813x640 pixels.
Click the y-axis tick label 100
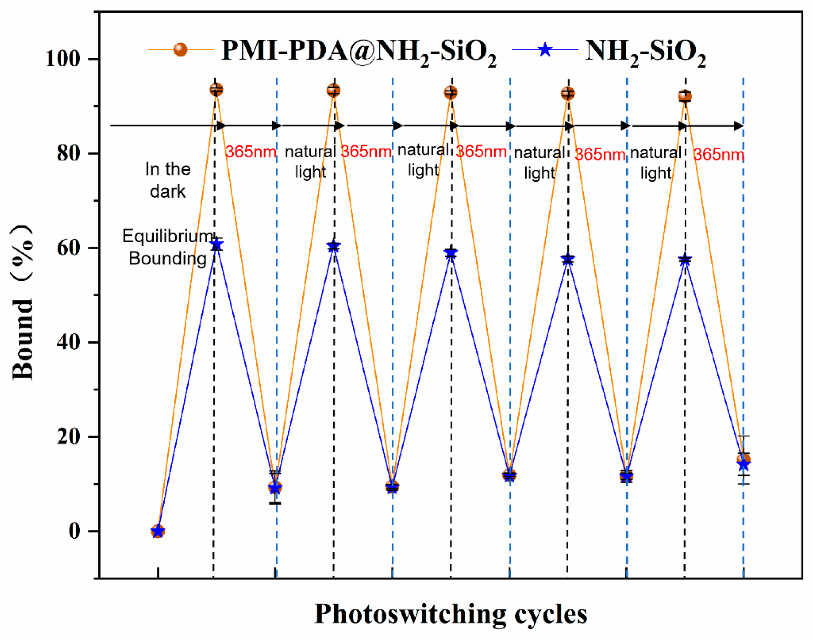pos(63,58)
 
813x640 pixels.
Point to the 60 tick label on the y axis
pos(69,248)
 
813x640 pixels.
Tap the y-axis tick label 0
pos(75,531)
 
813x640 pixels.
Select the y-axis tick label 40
pos(69,342)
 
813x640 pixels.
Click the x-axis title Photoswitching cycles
pos(451,614)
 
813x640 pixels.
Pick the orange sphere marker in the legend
pos(180,50)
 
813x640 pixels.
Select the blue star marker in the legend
pos(544,50)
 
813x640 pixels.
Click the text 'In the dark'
pos(168,180)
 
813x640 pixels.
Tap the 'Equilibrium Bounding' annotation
pos(168,247)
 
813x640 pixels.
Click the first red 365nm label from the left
pos(251,152)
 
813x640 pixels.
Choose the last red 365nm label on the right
pos(719,154)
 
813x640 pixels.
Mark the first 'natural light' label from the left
pos(310,162)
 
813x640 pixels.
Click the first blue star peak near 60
pos(216,244)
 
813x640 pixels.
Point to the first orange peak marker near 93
pos(216,90)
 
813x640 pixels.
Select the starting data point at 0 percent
pos(158,531)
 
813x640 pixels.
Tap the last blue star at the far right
pos(744,465)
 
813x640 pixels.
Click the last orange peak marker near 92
pos(685,96)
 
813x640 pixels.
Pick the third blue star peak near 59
pos(451,253)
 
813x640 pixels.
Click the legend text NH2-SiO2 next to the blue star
pos(646,53)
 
